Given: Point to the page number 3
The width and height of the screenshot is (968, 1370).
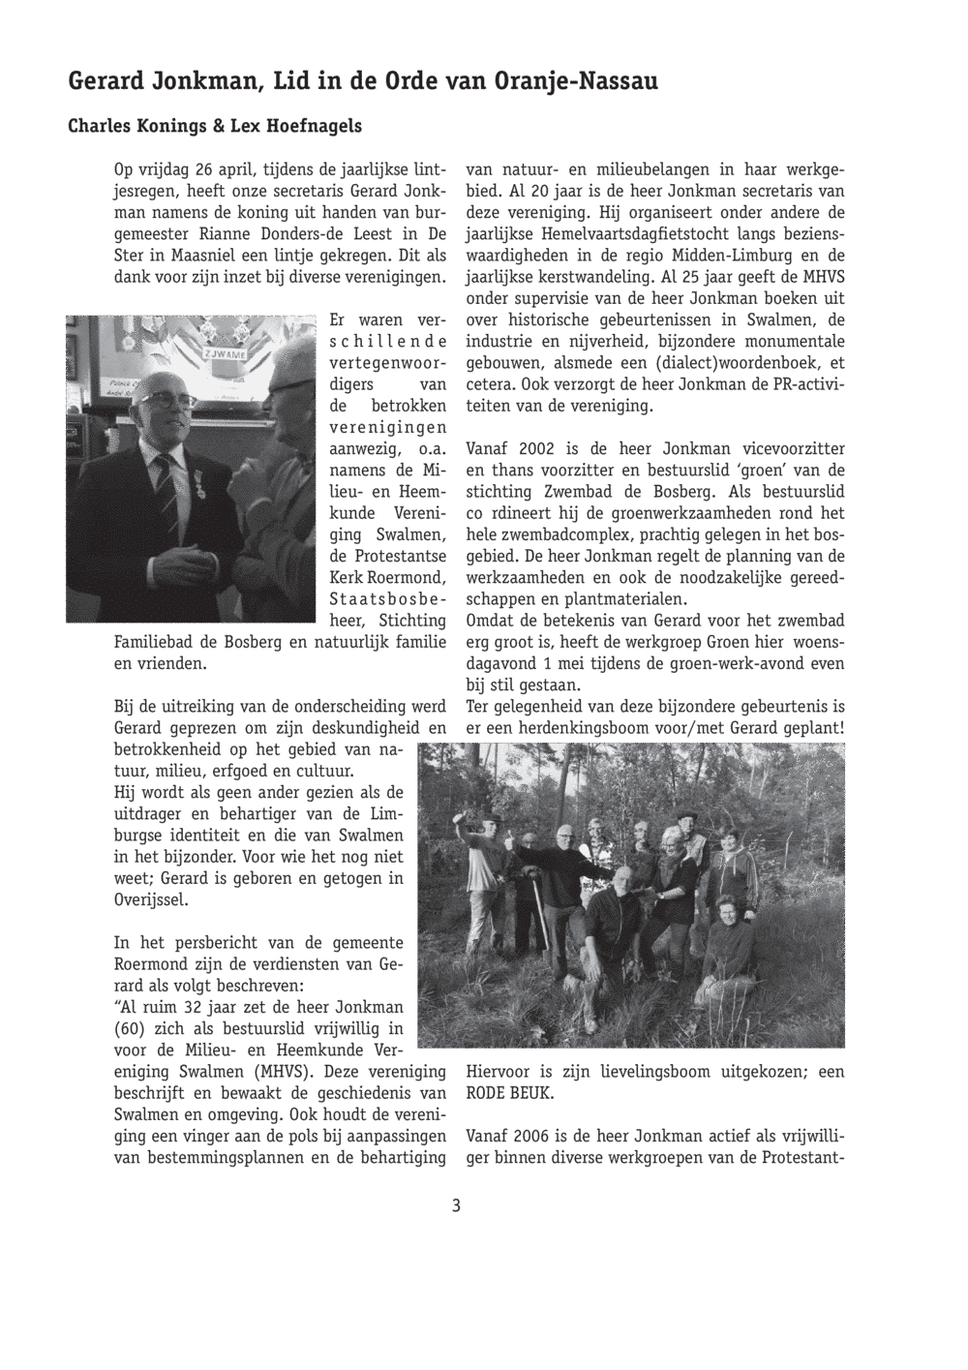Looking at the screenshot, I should [x=455, y=1206].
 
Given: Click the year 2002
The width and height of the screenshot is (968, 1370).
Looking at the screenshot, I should [x=536, y=449].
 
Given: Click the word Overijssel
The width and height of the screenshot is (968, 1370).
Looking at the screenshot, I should [x=151, y=900].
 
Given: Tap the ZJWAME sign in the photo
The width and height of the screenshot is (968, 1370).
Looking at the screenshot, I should [x=225, y=354].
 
